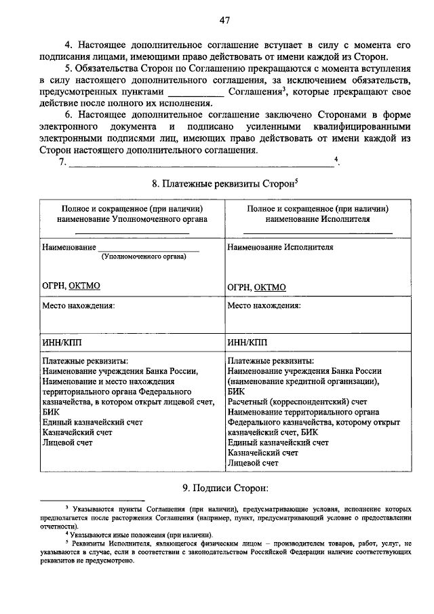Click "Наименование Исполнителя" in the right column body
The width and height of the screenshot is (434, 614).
tap(280, 248)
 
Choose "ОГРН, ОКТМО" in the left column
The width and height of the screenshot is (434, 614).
tap(71, 286)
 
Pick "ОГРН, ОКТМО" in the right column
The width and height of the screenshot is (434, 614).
tap(256, 287)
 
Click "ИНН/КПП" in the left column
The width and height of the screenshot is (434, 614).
tap(61, 343)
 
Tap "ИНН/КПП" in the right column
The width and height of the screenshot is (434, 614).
tap(247, 343)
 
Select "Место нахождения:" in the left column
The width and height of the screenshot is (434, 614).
tap(79, 305)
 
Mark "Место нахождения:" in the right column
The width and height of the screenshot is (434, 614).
tap(264, 305)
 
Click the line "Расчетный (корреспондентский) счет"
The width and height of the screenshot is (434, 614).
tap(298, 402)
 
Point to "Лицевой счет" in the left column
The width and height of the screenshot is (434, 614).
tap(67, 442)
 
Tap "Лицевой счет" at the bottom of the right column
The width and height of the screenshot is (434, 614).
tap(253, 463)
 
